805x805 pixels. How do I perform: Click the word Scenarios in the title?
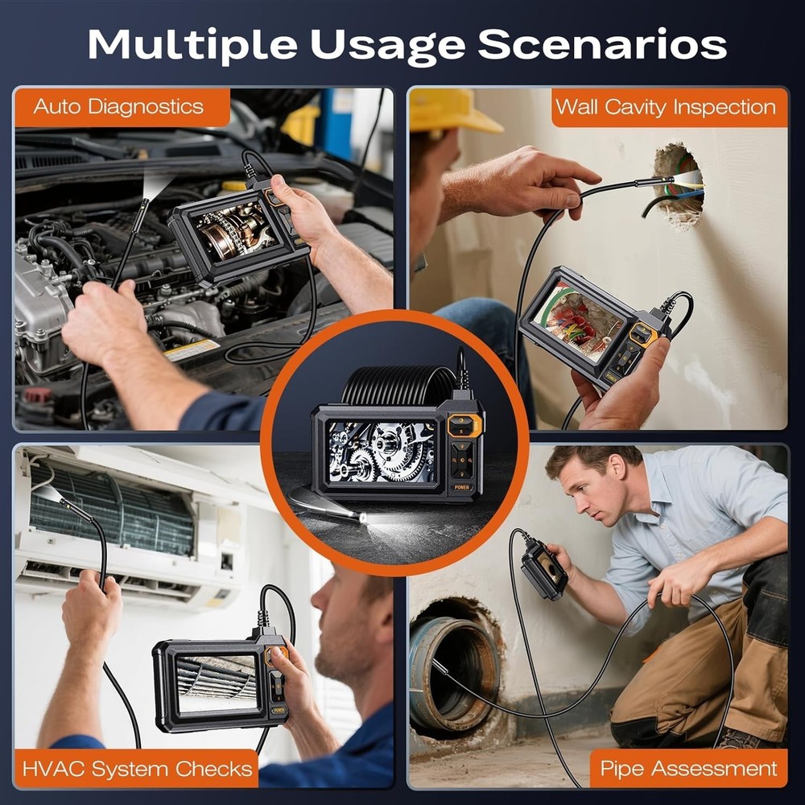[601, 44]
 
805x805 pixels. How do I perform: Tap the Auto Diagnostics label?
[118, 107]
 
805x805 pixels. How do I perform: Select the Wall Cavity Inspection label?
[666, 107]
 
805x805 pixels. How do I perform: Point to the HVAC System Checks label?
[137, 769]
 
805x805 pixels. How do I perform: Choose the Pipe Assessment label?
[688, 769]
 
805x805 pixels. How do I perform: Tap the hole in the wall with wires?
[678, 185]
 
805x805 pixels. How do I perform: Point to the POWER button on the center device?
[461, 487]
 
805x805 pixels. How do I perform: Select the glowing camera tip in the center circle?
[364, 518]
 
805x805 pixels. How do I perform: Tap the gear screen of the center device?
[381, 452]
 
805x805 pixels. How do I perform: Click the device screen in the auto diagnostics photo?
[234, 230]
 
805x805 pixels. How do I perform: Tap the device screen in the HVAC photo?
[216, 683]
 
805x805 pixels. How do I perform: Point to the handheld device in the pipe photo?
[543, 569]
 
